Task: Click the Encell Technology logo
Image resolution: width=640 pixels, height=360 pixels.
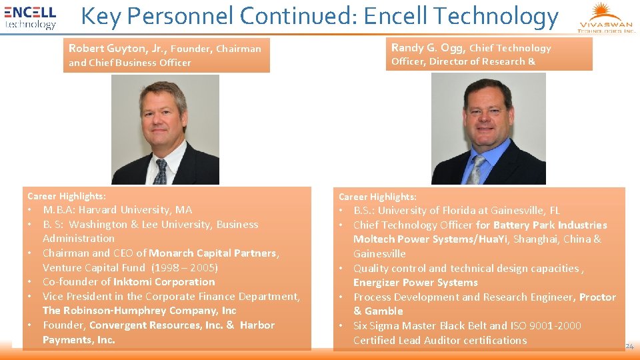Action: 31,17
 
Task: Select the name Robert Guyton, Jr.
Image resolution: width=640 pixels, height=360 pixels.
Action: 116,48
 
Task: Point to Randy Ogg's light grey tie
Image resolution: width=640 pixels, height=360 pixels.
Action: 476,170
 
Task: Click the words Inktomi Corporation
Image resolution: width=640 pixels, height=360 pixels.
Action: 164,282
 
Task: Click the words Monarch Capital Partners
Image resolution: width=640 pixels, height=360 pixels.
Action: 213,253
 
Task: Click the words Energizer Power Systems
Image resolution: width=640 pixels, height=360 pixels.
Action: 415,283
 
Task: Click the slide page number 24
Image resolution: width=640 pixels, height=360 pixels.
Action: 630,347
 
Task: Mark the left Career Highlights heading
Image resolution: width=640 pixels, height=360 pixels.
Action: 66,196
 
